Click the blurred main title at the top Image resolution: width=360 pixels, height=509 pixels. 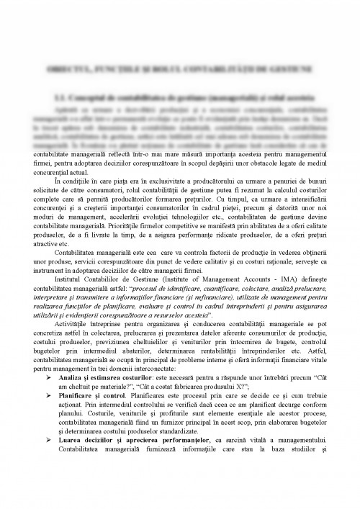tap(180, 68)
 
